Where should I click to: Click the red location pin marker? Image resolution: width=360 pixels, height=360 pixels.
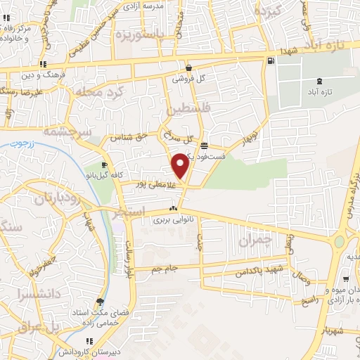(x=181, y=166)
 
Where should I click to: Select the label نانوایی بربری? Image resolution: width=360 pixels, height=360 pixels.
(x=173, y=220)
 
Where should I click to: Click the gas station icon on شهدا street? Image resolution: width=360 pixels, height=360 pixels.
(x=271, y=61)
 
